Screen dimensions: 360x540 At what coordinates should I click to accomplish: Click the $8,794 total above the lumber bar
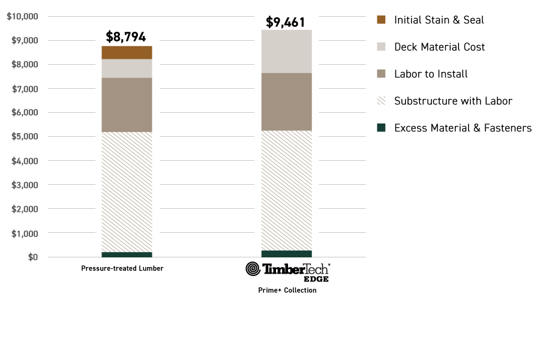[126, 37]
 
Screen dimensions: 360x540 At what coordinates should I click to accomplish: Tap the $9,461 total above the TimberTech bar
[286, 23]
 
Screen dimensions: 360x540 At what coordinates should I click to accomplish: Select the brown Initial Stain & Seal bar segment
[127, 52]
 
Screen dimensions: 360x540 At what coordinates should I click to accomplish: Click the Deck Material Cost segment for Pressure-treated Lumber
[127, 68]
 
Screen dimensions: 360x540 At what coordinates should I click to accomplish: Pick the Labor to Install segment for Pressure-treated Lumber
[127, 104]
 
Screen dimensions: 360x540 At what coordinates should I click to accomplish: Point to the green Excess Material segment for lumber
[127, 254]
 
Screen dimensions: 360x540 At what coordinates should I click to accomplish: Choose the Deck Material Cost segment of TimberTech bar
[286, 52]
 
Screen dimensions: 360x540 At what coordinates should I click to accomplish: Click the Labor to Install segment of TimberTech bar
[286, 101]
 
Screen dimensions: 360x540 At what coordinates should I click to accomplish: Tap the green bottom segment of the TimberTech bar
[286, 254]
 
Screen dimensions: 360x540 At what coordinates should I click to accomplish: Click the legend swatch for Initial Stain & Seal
[381, 20]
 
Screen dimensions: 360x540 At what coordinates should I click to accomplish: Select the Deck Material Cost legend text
[439, 47]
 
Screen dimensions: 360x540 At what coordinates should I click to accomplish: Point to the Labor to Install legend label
[431, 74]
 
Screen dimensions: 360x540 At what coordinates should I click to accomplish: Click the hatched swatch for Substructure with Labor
[381, 101]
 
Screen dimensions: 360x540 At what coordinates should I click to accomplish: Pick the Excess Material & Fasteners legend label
[463, 128]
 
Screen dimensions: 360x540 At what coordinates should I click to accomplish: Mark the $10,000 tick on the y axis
[23, 16]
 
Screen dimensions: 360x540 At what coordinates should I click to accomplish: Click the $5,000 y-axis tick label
[25, 137]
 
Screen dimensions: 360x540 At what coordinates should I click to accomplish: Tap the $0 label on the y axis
[32, 257]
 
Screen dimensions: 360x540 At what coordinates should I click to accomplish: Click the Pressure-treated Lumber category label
[122, 268]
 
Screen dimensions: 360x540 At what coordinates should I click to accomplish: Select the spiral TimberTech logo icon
[253, 269]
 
